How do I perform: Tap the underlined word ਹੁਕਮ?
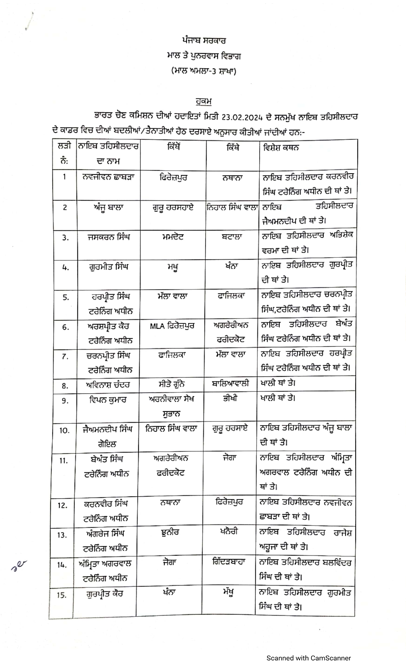pyautogui.click(x=204, y=101)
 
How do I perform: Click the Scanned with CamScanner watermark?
pyautogui.click(x=308, y=658)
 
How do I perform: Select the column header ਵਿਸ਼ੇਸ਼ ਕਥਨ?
pyautogui.click(x=281, y=148)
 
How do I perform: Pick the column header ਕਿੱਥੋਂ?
pyautogui.click(x=174, y=147)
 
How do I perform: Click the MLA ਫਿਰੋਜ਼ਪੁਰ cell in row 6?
pyautogui.click(x=172, y=326)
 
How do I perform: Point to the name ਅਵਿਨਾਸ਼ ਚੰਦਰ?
pyautogui.click(x=108, y=385)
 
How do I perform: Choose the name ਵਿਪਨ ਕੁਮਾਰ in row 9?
pyautogui.click(x=108, y=399)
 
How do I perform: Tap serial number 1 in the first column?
pyautogui.click(x=65, y=177)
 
